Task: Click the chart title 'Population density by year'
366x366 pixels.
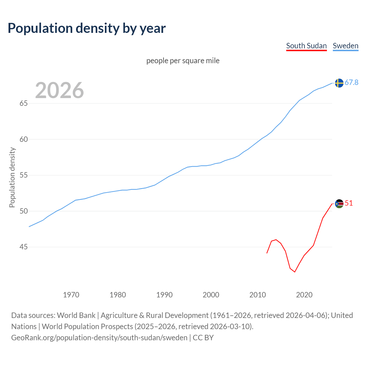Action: (x=87, y=28)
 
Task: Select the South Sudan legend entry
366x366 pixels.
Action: (x=306, y=46)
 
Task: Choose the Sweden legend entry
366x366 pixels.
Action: (x=345, y=46)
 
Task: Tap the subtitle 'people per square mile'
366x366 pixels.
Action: (x=183, y=61)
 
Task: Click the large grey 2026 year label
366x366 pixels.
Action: (x=59, y=90)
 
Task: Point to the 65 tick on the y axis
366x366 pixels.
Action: (x=23, y=103)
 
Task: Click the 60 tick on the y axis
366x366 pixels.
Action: (x=23, y=139)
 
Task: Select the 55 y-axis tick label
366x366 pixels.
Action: (x=23, y=175)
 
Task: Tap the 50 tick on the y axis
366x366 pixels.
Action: (x=23, y=211)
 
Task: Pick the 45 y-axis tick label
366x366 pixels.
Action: (x=23, y=247)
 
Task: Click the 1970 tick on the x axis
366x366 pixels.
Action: (x=71, y=295)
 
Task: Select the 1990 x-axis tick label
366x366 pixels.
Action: (x=164, y=295)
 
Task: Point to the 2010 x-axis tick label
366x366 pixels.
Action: (x=257, y=295)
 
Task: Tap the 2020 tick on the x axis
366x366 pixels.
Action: (x=304, y=295)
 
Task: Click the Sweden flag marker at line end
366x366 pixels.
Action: (x=339, y=83)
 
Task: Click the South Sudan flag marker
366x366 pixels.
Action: (x=339, y=204)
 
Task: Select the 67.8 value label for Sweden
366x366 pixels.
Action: (x=351, y=83)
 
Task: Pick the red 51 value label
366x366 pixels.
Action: (x=349, y=203)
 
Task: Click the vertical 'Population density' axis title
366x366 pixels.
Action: (x=12, y=177)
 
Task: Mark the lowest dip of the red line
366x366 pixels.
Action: (x=295, y=272)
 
